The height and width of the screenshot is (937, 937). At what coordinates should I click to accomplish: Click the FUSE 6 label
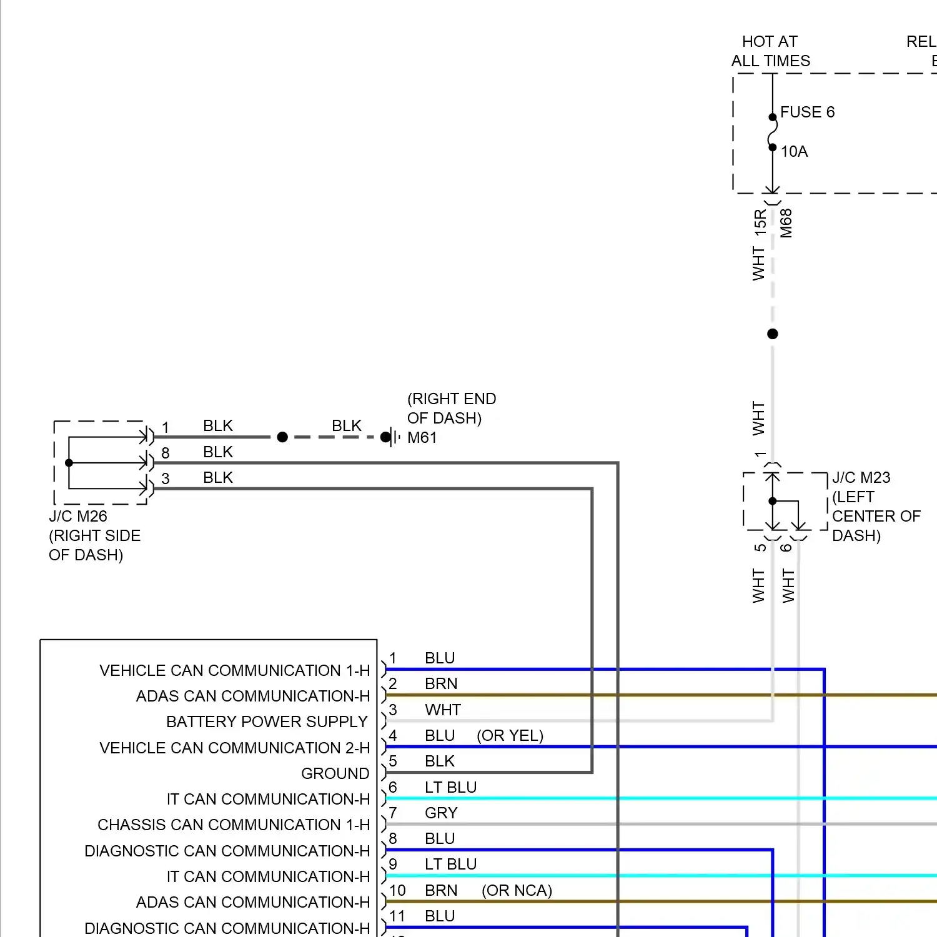[x=807, y=112]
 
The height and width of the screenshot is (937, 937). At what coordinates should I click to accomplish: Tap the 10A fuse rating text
[x=794, y=152]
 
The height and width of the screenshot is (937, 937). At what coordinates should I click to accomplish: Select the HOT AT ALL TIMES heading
[x=770, y=51]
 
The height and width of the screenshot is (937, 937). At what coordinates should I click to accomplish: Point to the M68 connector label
[x=786, y=223]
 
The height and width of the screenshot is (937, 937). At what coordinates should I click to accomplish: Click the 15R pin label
[x=760, y=222]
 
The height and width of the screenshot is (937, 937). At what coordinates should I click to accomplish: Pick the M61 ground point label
[x=422, y=438]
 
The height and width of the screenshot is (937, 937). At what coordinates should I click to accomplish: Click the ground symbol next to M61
[x=392, y=437]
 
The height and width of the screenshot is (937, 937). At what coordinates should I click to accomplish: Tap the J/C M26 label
[x=78, y=517]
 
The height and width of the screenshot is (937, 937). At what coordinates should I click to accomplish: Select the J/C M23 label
[x=861, y=478]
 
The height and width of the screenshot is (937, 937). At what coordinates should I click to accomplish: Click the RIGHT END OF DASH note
[x=451, y=409]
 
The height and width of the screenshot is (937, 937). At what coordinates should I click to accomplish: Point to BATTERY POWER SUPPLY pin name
[x=267, y=722]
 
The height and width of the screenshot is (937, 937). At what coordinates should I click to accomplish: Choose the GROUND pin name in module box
[x=335, y=774]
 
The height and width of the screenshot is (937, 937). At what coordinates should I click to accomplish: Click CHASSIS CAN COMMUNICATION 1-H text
[x=234, y=825]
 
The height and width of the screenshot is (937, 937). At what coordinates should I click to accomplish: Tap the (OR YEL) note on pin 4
[x=510, y=736]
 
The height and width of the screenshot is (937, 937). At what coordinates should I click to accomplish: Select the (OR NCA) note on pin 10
[x=517, y=891]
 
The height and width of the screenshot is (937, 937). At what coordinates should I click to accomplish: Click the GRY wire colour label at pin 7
[x=441, y=813]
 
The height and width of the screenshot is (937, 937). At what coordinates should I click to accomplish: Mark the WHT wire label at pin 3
[x=442, y=710]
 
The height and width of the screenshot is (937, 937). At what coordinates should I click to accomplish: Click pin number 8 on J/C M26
[x=166, y=453]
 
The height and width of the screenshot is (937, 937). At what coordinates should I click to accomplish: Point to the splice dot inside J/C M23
[x=773, y=501]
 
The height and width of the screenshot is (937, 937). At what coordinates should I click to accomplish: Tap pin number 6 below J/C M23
[x=786, y=548]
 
